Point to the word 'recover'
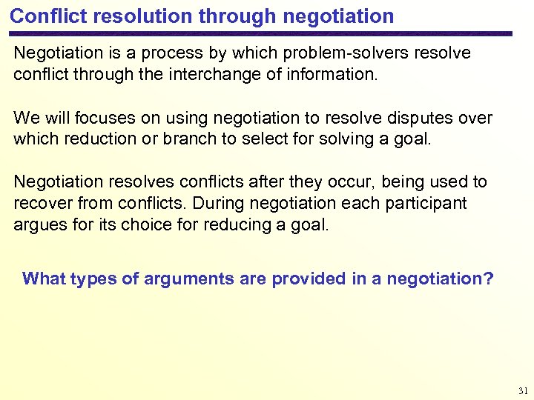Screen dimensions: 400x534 (x=40, y=203)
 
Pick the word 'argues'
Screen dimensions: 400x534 (x=37, y=224)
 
